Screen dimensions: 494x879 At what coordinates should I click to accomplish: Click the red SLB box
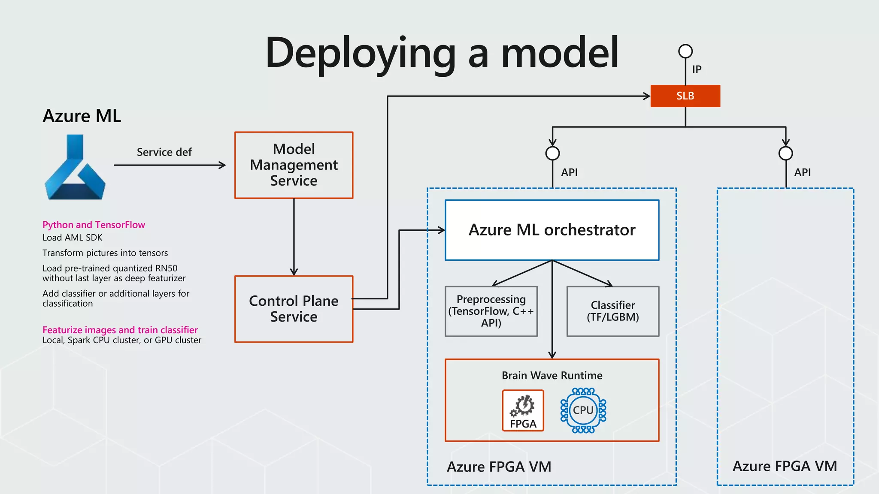coord(685,96)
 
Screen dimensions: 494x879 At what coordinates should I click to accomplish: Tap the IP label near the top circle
coord(697,69)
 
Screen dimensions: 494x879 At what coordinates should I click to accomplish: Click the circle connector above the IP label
coord(685,51)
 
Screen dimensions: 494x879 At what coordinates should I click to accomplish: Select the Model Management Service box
coord(294,165)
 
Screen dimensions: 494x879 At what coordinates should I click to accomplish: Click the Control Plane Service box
coord(294,309)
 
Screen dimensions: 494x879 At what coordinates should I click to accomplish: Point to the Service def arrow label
coord(164,152)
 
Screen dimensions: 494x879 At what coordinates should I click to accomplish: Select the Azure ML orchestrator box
coord(552,230)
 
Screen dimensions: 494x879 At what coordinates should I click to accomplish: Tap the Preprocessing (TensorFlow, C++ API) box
coord(491,311)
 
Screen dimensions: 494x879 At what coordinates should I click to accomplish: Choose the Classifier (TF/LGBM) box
coord(612,311)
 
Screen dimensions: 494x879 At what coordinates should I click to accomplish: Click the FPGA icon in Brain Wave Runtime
coord(523,410)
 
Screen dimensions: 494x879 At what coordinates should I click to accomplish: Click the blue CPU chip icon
coord(583,410)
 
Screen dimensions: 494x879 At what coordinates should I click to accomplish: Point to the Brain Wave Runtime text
coord(552,376)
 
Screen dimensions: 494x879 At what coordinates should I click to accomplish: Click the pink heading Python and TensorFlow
coord(94,225)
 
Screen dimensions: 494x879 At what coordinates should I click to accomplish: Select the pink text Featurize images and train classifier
coord(120,330)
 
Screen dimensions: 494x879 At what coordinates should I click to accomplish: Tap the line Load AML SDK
coord(72,238)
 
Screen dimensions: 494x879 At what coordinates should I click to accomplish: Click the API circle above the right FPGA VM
coord(785,153)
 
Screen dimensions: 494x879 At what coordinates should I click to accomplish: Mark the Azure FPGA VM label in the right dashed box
coord(785,466)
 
